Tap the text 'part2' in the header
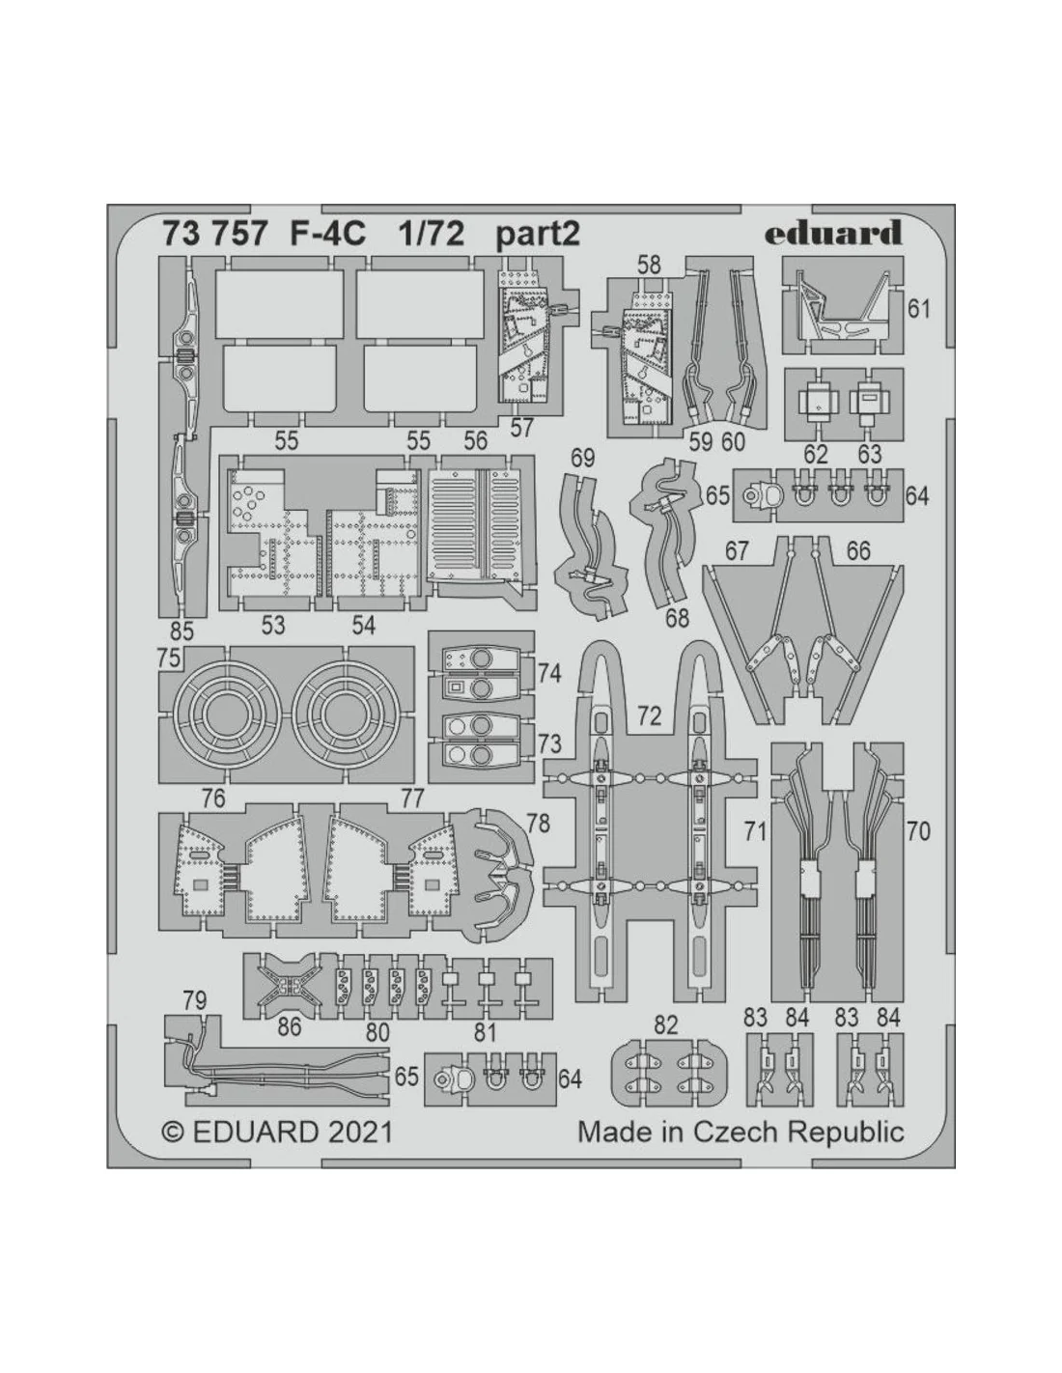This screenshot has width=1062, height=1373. click(537, 235)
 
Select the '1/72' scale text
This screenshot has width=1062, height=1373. click(431, 235)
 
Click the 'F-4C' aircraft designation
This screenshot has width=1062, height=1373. click(328, 235)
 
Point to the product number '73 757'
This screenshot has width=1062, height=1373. click(213, 235)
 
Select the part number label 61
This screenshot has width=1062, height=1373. click(918, 310)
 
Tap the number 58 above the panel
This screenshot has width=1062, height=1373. click(649, 266)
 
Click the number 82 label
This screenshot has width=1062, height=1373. click(665, 1024)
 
